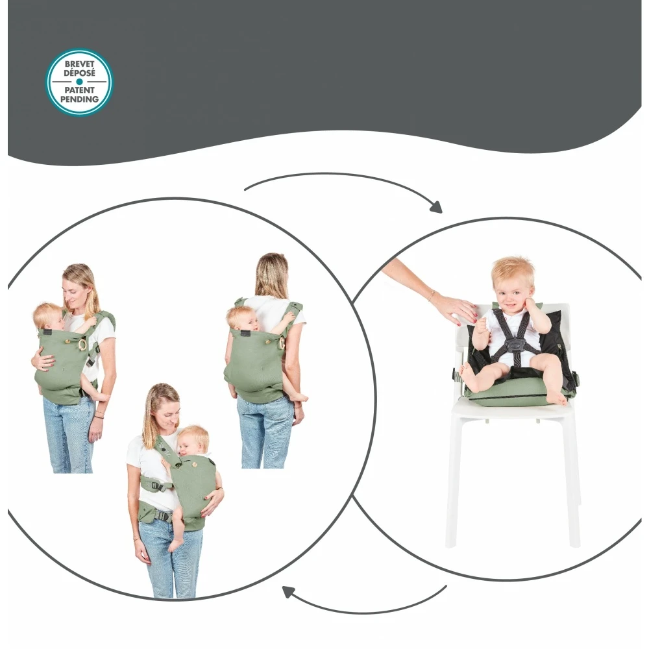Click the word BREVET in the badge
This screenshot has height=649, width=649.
[x=79, y=65]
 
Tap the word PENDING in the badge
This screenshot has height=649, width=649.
[x=79, y=99]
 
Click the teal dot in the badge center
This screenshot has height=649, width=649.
[x=79, y=82]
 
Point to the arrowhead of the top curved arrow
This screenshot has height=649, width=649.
[x=436, y=208]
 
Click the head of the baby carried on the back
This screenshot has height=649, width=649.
[x=240, y=317]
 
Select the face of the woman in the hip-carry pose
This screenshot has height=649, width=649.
[x=162, y=412]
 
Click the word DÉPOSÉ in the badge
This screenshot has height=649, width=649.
[x=79, y=73]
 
